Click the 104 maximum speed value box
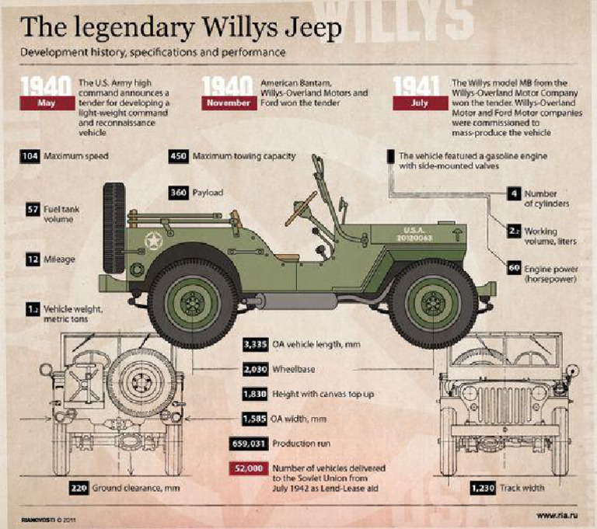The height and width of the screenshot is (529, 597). [30, 156]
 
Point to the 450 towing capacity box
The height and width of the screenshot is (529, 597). [178, 156]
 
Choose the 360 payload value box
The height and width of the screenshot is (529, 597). [179, 193]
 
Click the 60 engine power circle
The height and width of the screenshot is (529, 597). [513, 268]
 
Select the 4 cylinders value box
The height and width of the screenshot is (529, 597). [514, 193]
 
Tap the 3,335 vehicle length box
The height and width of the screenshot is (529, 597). [256, 344]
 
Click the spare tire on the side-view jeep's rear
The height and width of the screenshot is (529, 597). [116, 210]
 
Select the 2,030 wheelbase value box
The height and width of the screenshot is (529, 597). [256, 369]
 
